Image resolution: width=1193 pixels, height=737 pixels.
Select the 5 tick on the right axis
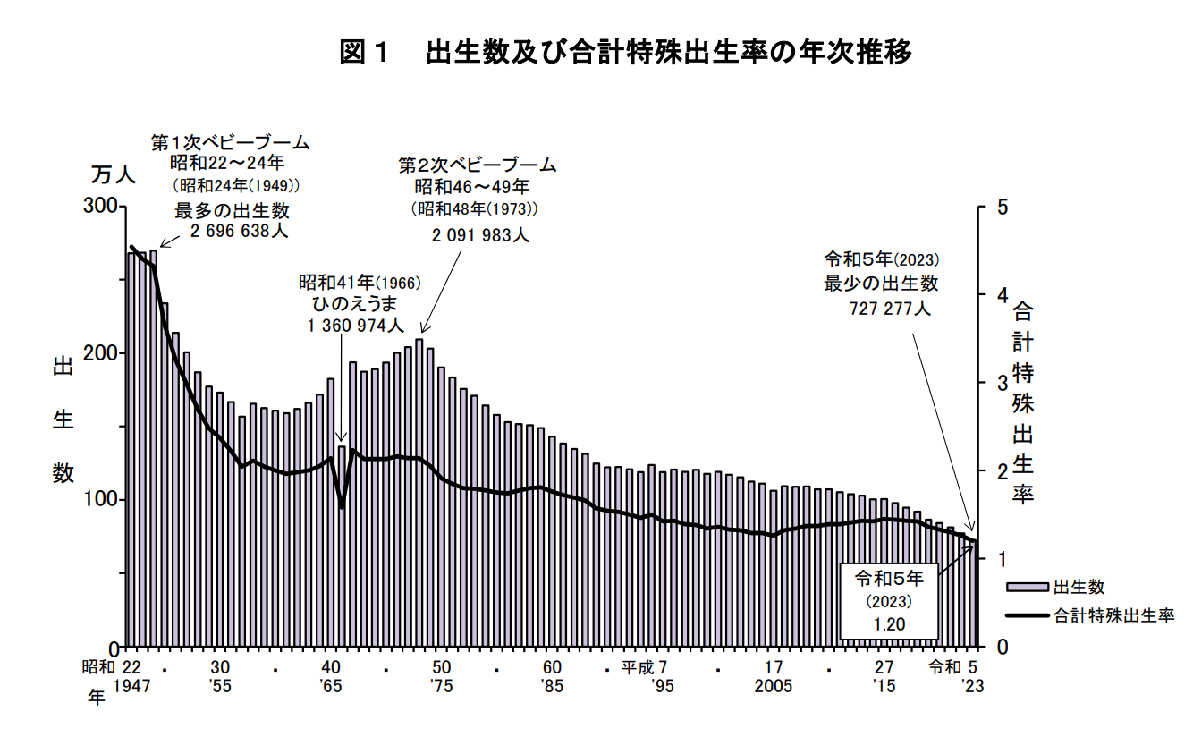pyautogui.click(x=1003, y=208)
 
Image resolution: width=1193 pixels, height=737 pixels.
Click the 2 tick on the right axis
pyautogui.click(x=1003, y=470)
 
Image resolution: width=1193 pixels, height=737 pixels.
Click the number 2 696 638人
pyautogui.click(x=240, y=231)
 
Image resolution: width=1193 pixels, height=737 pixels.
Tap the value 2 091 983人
pyautogui.click(x=480, y=235)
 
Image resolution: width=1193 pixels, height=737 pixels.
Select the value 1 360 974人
pyautogui.click(x=356, y=326)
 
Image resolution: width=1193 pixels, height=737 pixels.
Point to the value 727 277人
pyautogui.click(x=890, y=309)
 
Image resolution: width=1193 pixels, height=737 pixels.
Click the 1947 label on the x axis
pyautogui.click(x=131, y=685)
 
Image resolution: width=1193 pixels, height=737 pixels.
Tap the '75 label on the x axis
pyautogui.click(x=441, y=685)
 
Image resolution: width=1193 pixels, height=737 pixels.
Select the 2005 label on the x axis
pyautogui.click(x=774, y=685)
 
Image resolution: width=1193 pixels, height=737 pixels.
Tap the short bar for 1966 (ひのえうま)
pyautogui.click(x=342, y=546)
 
